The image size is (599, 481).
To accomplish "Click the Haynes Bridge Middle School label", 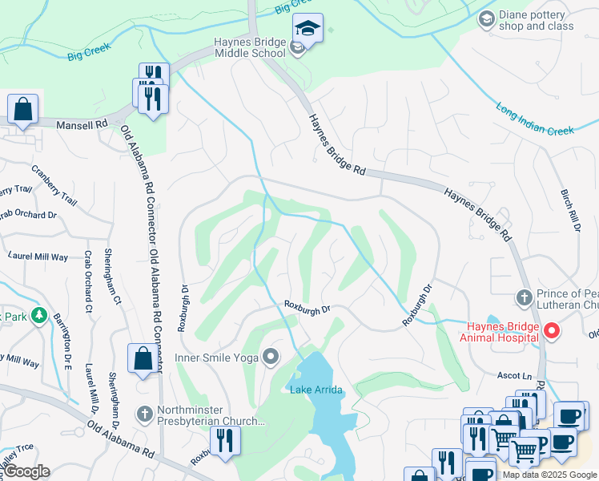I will point(249,48).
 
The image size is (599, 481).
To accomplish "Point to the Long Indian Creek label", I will point(535,117).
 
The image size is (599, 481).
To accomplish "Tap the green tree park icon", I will point(38,317).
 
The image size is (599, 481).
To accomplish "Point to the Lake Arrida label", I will point(316,390).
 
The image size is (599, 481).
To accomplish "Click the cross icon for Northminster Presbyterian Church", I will point(144,414).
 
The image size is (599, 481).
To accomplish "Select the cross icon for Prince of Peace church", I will point(524,298).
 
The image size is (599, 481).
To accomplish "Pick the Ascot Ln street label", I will point(516,375).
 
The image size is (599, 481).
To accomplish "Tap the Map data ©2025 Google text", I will point(549,475).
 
